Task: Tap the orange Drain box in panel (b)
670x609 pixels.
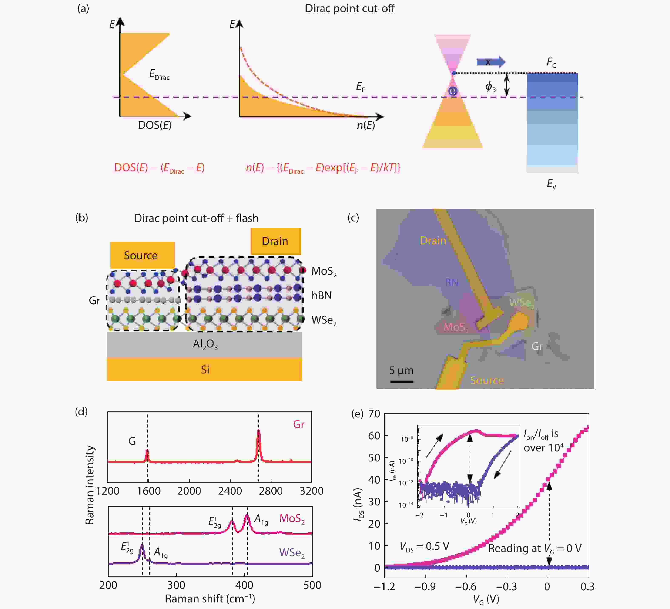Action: (275, 241)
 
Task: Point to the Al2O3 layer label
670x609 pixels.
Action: (205, 344)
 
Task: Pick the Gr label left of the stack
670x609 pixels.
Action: (94, 300)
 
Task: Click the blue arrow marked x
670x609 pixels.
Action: (490, 62)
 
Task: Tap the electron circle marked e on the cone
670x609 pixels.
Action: (453, 91)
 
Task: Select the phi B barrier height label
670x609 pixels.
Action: (490, 87)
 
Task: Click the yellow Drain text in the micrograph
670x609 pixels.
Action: (433, 240)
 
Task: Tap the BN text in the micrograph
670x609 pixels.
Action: (451, 282)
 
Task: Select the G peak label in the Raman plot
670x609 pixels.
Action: (132, 441)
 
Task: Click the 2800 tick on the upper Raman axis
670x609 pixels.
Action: (271, 491)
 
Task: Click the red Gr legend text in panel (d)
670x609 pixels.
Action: (298, 424)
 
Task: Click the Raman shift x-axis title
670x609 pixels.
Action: (210, 599)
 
